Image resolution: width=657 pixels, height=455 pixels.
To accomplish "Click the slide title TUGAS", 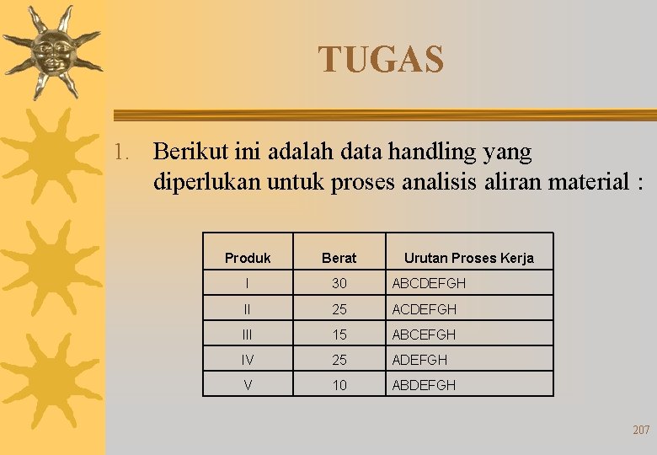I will (x=381, y=60).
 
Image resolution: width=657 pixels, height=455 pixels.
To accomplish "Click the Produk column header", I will (x=248, y=258).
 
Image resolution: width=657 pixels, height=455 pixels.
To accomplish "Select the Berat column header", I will (x=339, y=258).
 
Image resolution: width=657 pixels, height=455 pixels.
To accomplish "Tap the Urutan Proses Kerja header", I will (x=468, y=258).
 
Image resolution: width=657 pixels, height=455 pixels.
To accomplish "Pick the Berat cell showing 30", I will (x=339, y=283).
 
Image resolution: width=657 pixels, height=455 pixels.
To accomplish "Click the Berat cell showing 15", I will (x=339, y=335).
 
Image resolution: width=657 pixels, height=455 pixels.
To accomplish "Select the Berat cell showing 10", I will (x=339, y=385).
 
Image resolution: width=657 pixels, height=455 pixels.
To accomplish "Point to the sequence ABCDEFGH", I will (x=428, y=283).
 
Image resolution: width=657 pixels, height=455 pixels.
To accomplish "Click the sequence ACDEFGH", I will (x=424, y=309).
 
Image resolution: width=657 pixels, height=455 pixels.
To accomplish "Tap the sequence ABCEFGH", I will (x=424, y=335).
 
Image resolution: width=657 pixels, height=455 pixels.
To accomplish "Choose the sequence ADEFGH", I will (x=419, y=360).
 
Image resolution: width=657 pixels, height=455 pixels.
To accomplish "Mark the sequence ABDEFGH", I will (x=424, y=385).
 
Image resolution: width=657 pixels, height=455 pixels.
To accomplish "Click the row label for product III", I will (x=248, y=335).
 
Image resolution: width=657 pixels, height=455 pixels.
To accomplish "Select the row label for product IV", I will (x=248, y=360).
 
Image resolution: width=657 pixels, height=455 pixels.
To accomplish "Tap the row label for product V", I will (x=248, y=385).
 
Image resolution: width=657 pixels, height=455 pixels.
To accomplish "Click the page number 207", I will (x=641, y=430).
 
